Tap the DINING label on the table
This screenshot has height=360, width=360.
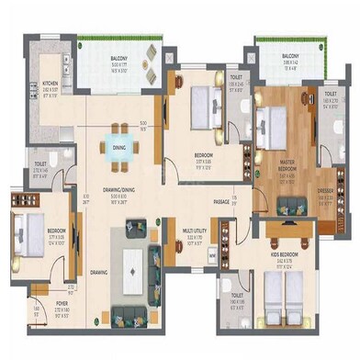pyautogui.click(x=119, y=146)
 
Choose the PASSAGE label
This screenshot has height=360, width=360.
pyautogui.click(x=221, y=199)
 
